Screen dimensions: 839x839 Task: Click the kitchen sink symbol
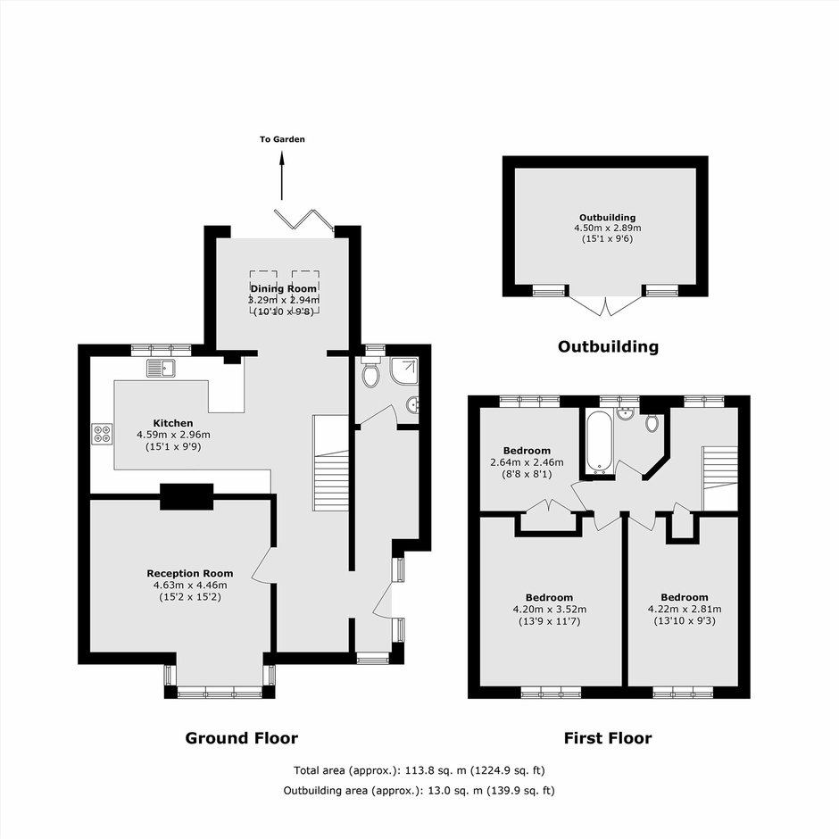tap(161, 368)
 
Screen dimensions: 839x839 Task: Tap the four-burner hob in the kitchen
tap(103, 434)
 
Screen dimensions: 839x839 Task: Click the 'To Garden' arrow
tap(282, 176)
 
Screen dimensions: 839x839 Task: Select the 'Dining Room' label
tap(284, 289)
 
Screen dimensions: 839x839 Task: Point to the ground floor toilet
tap(370, 373)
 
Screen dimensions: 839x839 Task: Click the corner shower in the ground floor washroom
tap(404, 371)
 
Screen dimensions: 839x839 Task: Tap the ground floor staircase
tap(330, 463)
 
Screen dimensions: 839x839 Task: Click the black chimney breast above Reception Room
tap(187, 496)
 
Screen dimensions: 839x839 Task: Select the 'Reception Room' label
tap(190, 574)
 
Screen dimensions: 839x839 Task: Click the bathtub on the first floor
tap(598, 442)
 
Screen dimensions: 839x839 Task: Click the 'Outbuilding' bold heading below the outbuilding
tap(608, 346)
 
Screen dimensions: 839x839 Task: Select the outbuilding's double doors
tap(605, 305)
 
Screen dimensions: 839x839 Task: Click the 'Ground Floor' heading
tap(241, 738)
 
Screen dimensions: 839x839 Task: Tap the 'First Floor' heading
tap(608, 738)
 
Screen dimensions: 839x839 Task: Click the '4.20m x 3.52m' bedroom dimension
tap(550, 610)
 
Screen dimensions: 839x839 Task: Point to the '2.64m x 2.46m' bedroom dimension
tap(527, 462)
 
